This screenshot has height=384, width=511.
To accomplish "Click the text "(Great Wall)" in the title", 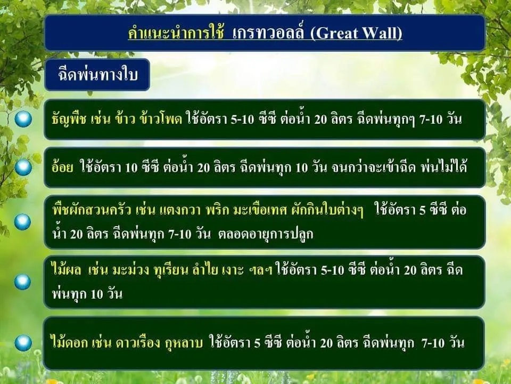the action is pos(356,34).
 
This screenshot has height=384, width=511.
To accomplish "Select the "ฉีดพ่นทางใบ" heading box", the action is pos(97,75).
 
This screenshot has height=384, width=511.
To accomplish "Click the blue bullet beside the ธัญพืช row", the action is pos(23,119).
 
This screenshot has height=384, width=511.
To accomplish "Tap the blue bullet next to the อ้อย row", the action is pos(23,167).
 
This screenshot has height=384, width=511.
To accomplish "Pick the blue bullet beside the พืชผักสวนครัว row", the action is pos(22,222).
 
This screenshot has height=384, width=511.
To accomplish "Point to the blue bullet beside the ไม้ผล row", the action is pos(22,282).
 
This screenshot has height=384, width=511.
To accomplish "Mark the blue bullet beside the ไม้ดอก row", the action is pos(23,343).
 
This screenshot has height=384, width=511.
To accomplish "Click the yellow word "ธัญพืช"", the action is pos(69,119).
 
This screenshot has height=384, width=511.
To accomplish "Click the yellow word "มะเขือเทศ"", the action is pos(260,210).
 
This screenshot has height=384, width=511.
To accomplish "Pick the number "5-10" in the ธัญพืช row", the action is pos(242,119).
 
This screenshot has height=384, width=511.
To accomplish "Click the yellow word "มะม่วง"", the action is pos(131,270).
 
